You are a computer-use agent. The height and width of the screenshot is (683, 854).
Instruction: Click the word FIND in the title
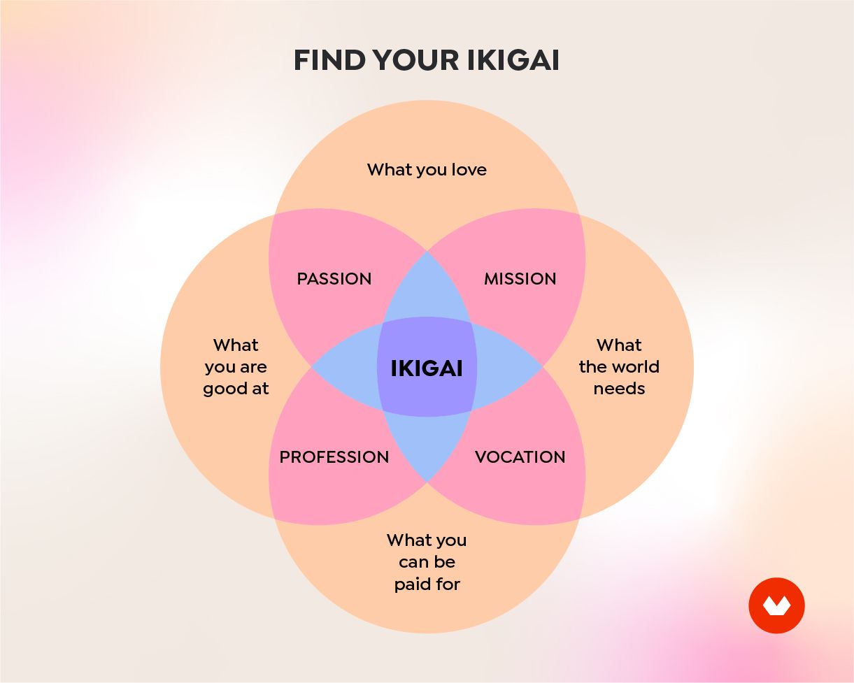tap(329, 61)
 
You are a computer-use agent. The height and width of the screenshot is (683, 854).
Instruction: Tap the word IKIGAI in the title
tap(513, 61)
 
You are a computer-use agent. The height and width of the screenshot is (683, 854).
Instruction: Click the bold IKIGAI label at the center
tap(427, 368)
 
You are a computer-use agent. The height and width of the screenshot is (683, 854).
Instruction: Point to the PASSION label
tap(334, 279)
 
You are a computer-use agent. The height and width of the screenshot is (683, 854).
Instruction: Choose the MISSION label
tap(520, 279)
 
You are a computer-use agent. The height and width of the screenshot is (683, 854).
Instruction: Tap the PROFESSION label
tap(334, 457)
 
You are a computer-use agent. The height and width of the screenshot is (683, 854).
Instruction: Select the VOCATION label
tap(520, 457)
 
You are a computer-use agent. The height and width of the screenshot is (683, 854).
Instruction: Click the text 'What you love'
tap(427, 170)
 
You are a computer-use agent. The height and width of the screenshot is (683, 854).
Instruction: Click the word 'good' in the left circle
tap(220, 389)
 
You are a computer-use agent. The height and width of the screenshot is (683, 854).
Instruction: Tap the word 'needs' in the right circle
tap(619, 389)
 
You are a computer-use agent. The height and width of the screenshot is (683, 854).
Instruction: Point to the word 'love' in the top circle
tap(469, 170)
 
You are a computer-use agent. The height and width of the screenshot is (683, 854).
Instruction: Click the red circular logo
tap(776, 605)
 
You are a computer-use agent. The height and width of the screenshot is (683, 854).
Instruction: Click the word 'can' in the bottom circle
tap(413, 563)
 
